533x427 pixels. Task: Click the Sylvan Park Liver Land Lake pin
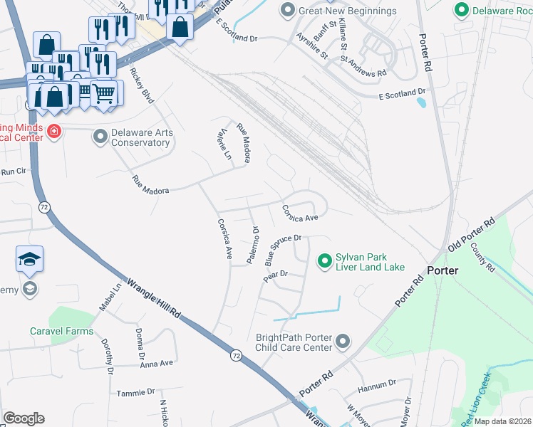[325, 261]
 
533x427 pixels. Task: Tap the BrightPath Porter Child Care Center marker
[342, 342]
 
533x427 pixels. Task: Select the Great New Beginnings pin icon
[288, 10]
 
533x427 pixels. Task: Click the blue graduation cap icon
[30, 259]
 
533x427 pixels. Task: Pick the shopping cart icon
[104, 92]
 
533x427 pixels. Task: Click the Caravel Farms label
[61, 331]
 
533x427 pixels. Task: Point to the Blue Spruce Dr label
[284, 250]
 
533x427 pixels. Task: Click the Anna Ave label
[157, 363]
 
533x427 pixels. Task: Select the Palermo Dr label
[252, 245]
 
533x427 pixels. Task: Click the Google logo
[24, 418]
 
